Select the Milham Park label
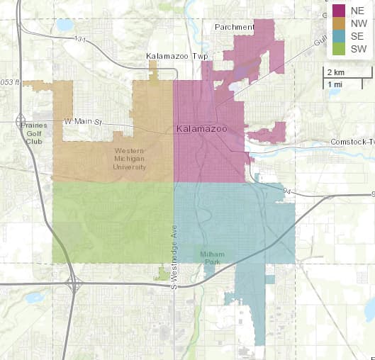[x=211, y=257]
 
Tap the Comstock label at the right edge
[x=352, y=142]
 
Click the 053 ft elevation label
[x=11, y=83]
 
